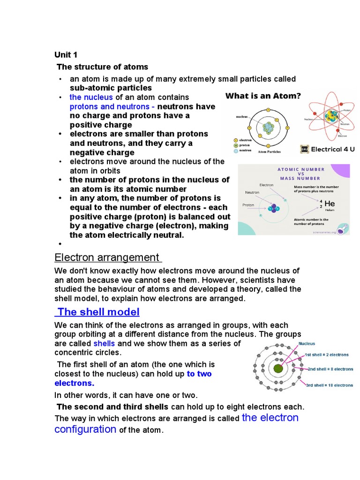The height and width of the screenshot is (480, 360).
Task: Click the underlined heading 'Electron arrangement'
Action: (x=107, y=257)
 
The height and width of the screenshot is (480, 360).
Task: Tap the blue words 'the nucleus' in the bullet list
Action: (x=91, y=97)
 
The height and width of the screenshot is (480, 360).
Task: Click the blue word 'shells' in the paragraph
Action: (x=104, y=343)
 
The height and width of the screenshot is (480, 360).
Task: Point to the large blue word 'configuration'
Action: (x=85, y=429)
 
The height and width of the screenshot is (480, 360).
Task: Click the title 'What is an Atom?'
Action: (x=263, y=96)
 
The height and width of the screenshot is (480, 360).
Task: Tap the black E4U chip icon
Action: (x=304, y=149)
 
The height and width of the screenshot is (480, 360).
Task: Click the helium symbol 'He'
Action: (x=330, y=204)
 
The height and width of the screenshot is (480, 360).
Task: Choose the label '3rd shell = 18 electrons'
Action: (x=330, y=385)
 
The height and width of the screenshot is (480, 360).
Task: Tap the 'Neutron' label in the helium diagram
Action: (x=252, y=192)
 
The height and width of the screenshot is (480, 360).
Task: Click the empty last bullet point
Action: (x=60, y=244)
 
